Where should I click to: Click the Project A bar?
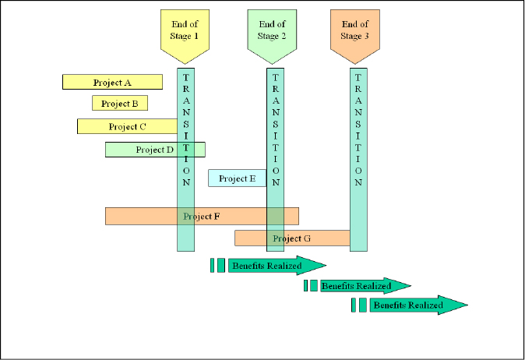click(x=112, y=82)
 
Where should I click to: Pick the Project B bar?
click(x=119, y=103)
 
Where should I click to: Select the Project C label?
click(x=127, y=126)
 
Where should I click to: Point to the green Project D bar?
click(x=154, y=150)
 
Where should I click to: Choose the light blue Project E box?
click(x=237, y=178)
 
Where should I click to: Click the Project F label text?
click(x=201, y=216)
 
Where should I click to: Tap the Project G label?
click(x=292, y=238)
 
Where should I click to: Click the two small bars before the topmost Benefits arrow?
click(x=217, y=265)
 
